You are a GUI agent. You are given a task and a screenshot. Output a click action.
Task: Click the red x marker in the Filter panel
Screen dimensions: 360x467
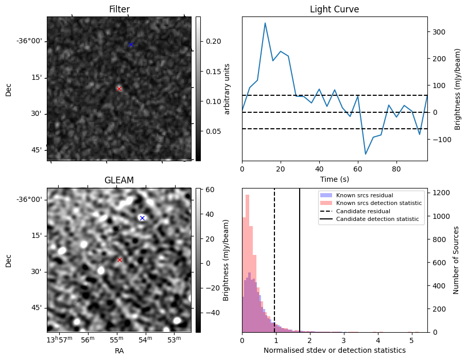click(x=119, y=89)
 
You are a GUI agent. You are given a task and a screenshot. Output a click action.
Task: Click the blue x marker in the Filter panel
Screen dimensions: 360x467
click(x=131, y=45)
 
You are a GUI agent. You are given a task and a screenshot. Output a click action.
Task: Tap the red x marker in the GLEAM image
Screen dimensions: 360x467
click(x=119, y=260)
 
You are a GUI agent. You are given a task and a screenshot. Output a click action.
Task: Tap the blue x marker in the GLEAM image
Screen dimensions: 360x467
click(x=142, y=218)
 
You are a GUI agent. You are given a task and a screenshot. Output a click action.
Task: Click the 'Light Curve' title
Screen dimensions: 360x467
click(x=334, y=9)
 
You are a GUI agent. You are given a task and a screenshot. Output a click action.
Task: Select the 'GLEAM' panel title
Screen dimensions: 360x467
click(x=119, y=180)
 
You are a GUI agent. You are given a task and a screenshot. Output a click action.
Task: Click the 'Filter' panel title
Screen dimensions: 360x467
click(x=119, y=9)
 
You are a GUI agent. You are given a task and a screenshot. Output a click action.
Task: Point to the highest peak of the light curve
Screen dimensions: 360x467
click(x=265, y=23)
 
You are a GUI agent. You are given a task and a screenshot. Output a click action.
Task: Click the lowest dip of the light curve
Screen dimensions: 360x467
click(x=366, y=154)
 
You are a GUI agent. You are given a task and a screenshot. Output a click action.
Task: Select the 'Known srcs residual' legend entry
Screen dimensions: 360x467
click(x=365, y=196)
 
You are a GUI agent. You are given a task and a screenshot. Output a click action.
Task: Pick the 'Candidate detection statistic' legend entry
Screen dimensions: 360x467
click(x=377, y=219)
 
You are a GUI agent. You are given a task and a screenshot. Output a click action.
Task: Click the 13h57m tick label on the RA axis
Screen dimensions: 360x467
click(x=57, y=340)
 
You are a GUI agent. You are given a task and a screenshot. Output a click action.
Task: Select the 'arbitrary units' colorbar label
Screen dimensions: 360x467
click(x=227, y=89)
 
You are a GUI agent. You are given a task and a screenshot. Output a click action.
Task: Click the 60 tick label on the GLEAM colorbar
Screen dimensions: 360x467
click(x=209, y=190)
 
